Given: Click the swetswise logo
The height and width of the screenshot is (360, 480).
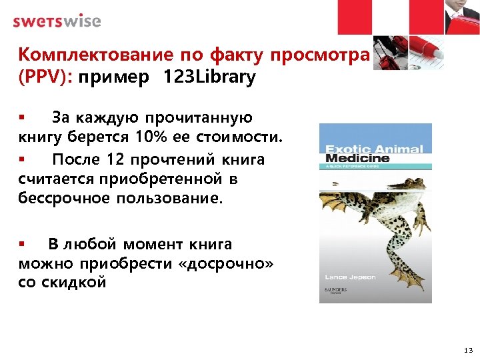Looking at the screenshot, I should tap(57, 21).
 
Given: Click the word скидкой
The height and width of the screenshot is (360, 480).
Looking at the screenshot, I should tap(74, 283).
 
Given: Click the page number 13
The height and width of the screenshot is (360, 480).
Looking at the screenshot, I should tap(467, 349).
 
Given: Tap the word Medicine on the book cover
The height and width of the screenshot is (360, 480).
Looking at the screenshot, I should tap(357, 159).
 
